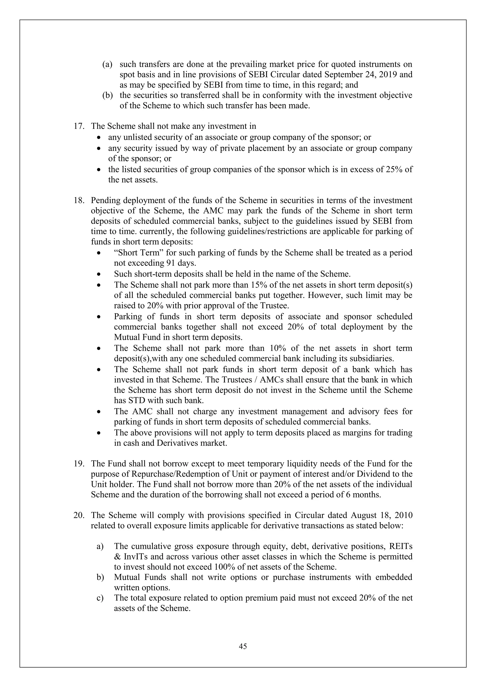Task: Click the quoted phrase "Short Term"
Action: (x=139, y=252)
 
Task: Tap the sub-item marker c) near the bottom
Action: (x=100, y=598)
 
